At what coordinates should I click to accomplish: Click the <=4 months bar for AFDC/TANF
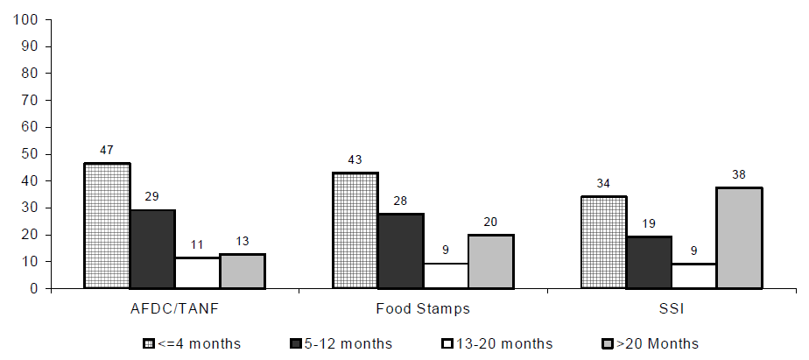pyautogui.click(x=107, y=226)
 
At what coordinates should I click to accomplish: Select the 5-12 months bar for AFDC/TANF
pyautogui.click(x=152, y=250)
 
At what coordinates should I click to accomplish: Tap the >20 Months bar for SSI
pyautogui.click(x=739, y=238)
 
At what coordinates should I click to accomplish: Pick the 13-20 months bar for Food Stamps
pyautogui.click(x=446, y=276)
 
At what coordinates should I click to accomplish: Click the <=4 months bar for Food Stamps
pyautogui.click(x=355, y=230)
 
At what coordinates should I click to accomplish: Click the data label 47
pyautogui.click(x=107, y=151)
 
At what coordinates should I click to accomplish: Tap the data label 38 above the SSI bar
pyautogui.click(x=739, y=175)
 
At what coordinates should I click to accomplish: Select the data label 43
pyautogui.click(x=355, y=160)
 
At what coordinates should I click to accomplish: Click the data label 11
pyautogui.click(x=197, y=245)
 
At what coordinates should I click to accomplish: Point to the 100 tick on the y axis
pyautogui.click(x=29, y=19)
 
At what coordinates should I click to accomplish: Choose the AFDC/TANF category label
pyautogui.click(x=174, y=308)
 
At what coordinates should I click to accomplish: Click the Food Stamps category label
pyautogui.click(x=423, y=308)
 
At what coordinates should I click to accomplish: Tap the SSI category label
pyautogui.click(x=672, y=308)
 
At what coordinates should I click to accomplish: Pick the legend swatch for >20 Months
pyautogui.click(x=607, y=342)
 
